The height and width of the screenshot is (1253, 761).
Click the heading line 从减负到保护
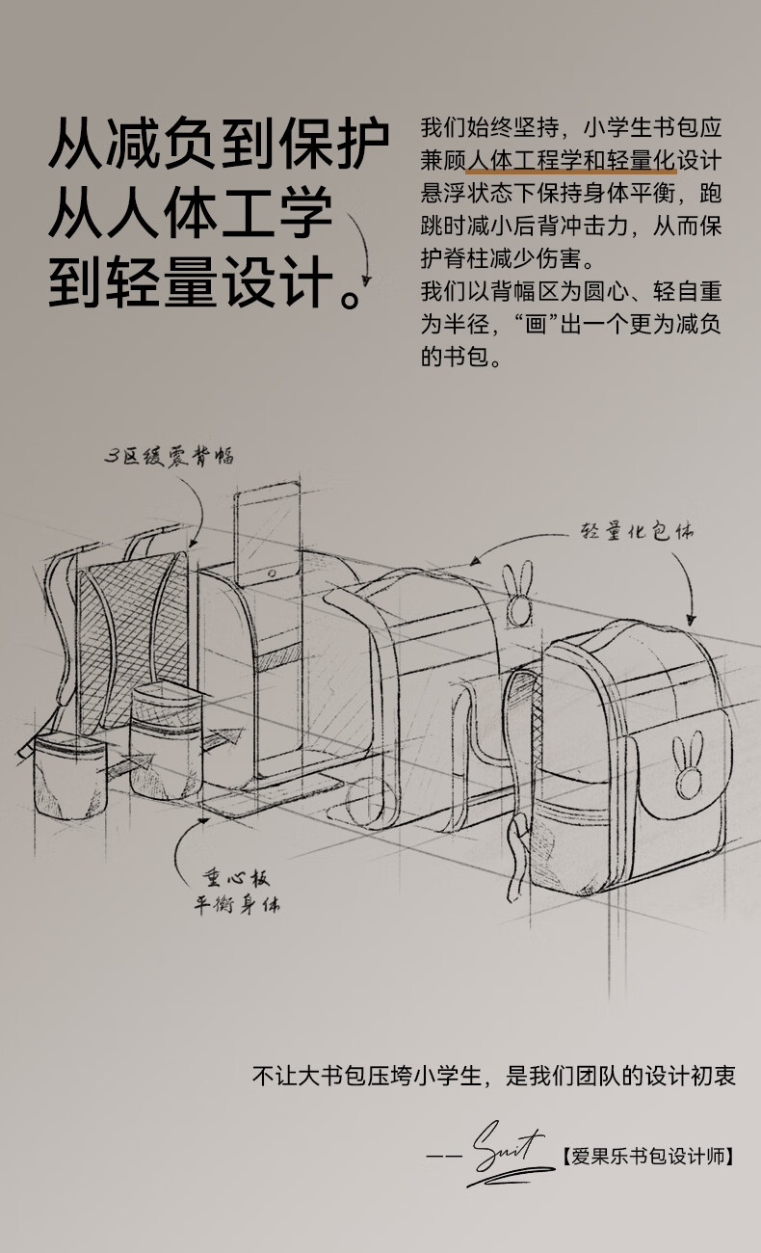pos(219,147)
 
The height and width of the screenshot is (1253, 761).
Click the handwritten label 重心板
pos(235,878)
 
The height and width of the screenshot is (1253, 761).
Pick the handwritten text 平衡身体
pos(237,906)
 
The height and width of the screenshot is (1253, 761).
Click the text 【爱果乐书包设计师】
pos(646,1155)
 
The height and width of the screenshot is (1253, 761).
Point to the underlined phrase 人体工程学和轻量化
pos(569,160)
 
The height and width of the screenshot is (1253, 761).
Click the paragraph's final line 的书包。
pos(462,357)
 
